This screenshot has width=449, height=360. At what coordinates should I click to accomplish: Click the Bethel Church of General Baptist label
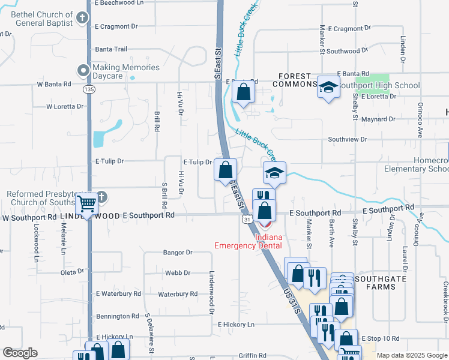click(x=38, y=19)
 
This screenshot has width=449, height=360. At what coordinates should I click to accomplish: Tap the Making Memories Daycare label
click(x=126, y=72)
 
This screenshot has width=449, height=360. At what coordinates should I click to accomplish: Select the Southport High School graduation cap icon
click(x=328, y=88)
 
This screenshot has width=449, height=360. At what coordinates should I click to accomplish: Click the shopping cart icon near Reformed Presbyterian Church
click(x=87, y=205)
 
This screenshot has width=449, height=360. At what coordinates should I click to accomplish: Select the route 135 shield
click(x=89, y=89)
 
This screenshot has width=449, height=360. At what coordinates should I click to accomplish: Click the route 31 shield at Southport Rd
click(x=247, y=220)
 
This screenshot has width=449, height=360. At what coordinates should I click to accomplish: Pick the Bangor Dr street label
click(x=177, y=253)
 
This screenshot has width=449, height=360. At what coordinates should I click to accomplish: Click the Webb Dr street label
click(x=177, y=273)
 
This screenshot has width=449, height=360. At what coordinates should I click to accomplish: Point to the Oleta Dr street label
click(x=73, y=272)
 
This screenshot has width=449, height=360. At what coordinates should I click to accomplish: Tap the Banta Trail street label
click(x=111, y=49)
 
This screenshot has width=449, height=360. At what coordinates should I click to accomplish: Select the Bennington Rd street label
click(x=117, y=316)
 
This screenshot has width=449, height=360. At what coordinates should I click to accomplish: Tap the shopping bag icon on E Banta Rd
click(x=243, y=92)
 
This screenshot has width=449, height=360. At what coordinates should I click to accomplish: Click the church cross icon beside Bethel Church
click(x=83, y=19)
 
